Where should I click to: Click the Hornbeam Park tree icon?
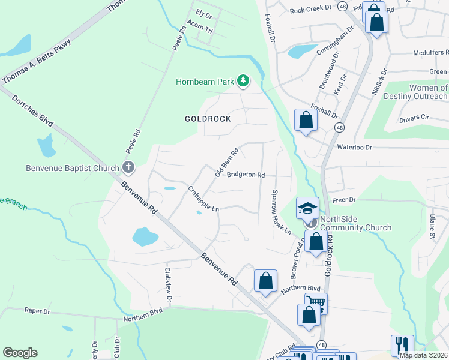pos(243,81)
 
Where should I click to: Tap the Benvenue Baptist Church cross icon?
pos(128,168)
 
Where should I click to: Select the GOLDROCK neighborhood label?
pos(208,119)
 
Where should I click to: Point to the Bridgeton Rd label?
pos(246,175)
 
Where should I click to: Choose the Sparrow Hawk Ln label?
pos(280,213)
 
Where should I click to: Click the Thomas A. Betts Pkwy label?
pos(37,61)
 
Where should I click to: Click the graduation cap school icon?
pos(307,208)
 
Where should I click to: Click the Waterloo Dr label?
pos(355,147)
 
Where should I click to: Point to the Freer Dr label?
pos(344,199)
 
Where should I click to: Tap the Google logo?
pos(20,353)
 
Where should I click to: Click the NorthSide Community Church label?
pos(356,223)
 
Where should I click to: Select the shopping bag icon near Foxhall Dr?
pos(306,120)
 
